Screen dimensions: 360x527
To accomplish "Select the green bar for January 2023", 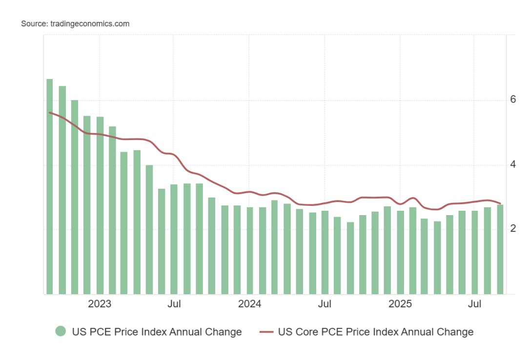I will pyautogui.click(x=100, y=205).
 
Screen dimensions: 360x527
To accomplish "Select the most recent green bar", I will pyautogui.click(x=500, y=249).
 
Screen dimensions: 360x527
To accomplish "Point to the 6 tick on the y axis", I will pyautogui.click(x=513, y=100).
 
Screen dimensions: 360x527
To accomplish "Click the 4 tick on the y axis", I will pyautogui.click(x=513, y=164).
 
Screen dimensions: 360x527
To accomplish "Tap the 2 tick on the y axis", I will pyautogui.click(x=513, y=229).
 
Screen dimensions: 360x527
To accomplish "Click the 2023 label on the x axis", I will pyautogui.click(x=100, y=304).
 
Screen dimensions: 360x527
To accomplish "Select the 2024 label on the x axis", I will pyautogui.click(x=249, y=304).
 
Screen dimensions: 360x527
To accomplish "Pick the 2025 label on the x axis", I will pyautogui.click(x=400, y=304).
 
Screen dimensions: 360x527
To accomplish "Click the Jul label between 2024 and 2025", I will pyautogui.click(x=324, y=304).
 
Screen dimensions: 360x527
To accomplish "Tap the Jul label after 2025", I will pyautogui.click(x=475, y=304).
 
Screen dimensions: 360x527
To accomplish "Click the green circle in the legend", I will pyautogui.click(x=61, y=332).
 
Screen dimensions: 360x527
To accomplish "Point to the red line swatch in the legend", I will pyautogui.click(x=266, y=332).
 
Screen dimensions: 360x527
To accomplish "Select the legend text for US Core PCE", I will pyautogui.click(x=375, y=332).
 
